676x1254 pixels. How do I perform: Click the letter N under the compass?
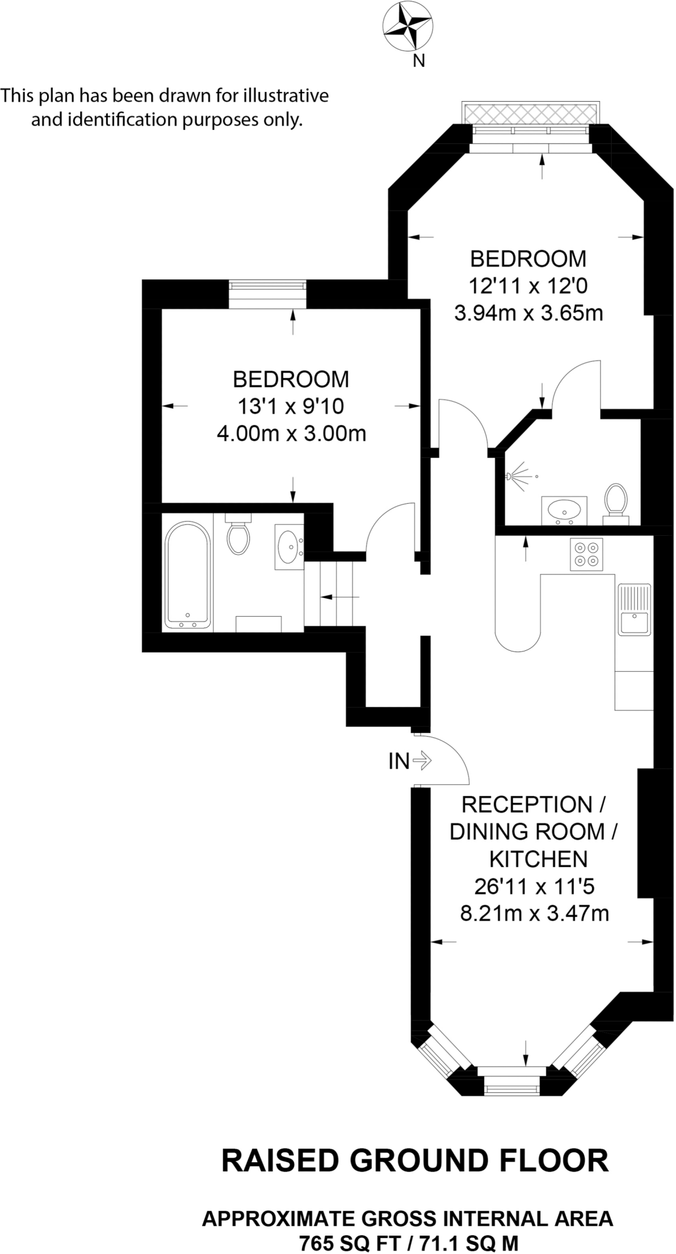(x=419, y=61)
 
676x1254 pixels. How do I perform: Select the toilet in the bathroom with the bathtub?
(x=238, y=534)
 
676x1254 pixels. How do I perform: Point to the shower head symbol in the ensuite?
(x=518, y=476)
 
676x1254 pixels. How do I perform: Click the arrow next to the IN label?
(x=423, y=761)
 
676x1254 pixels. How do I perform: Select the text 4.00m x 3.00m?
(x=291, y=434)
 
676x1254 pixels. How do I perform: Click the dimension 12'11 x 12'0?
(x=528, y=285)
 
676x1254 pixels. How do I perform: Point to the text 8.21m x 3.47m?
(x=534, y=914)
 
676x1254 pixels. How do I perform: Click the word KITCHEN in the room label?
(x=538, y=859)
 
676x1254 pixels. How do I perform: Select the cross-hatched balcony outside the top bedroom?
(x=530, y=113)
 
